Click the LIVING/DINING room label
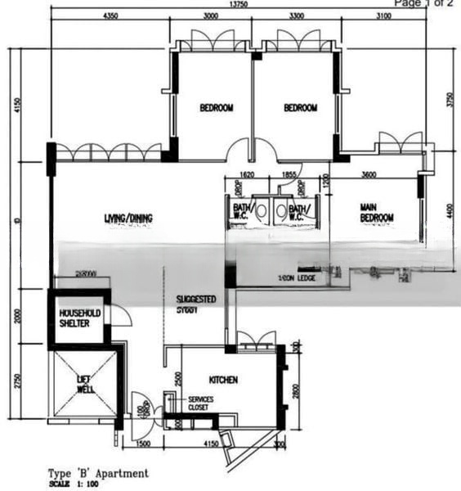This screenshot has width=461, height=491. (128, 218)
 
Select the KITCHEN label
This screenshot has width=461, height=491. (223, 380)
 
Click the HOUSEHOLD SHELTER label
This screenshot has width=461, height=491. (78, 317)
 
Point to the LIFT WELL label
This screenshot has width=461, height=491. (86, 384)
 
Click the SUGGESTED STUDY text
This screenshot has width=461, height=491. (196, 304)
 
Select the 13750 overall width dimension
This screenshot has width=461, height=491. (239, 5)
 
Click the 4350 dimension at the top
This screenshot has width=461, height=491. (114, 16)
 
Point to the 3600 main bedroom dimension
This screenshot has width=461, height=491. (368, 174)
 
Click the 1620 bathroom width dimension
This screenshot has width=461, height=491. (248, 174)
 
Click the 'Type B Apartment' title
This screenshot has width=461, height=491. (99, 473)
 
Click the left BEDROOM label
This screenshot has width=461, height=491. (217, 108)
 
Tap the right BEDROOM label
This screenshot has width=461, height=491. (300, 108)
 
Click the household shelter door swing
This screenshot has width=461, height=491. (120, 315)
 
